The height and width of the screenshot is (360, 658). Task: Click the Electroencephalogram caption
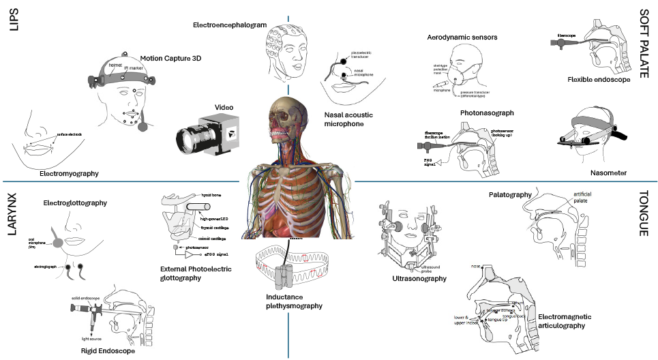229,25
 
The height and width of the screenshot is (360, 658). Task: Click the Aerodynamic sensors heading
462,37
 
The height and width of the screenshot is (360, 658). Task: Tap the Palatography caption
510,194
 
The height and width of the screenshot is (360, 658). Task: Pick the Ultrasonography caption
419,278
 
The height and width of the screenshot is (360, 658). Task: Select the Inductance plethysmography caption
295,301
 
